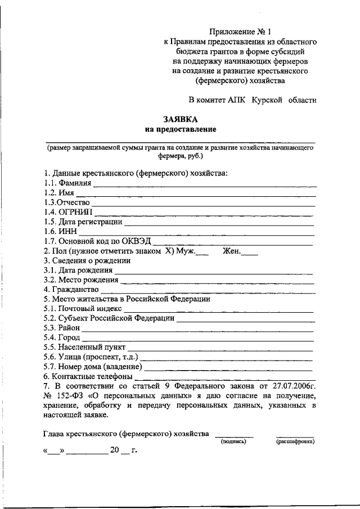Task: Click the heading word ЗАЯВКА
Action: coord(181,120)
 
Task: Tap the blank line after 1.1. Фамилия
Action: coord(205,184)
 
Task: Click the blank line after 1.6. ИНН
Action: coord(196,231)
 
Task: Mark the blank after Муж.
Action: coord(202,252)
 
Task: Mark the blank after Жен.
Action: coord(250,252)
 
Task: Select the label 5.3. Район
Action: coord(62,328)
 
